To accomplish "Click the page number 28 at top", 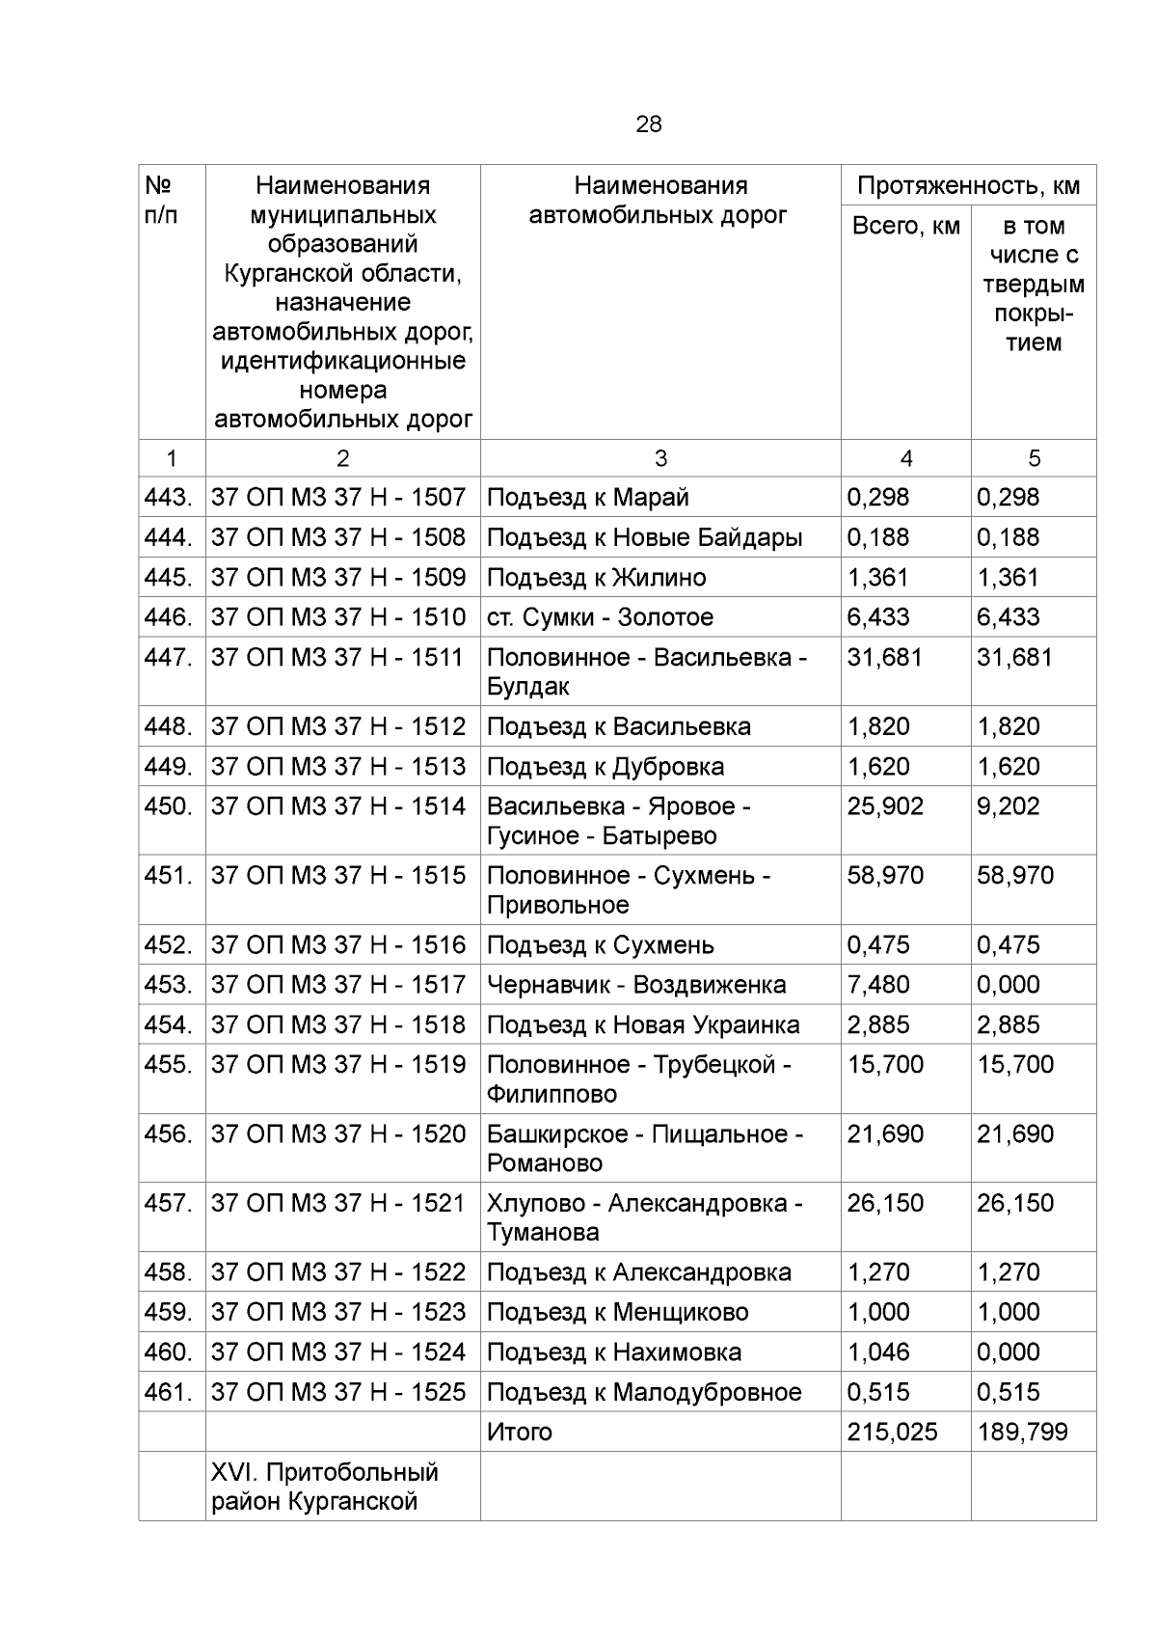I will coord(648,124).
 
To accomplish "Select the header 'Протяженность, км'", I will coord(968,185).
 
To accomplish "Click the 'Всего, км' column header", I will coord(905,226).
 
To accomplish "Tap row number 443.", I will coord(169,498).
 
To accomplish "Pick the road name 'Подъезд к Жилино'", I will coord(596,578).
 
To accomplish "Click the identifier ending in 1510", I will coord(337,617).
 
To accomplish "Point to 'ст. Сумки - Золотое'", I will coord(600,617).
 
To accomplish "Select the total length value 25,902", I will coord(884,806).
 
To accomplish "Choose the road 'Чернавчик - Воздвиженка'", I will coord(635,985).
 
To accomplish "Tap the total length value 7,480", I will coord(877,985).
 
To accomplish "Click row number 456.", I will coord(169,1134).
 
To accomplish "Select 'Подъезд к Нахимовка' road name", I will coord(613,1352).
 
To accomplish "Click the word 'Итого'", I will coord(519,1433).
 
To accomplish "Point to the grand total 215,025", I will coord(892,1433).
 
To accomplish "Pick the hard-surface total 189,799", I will coord(1022,1433).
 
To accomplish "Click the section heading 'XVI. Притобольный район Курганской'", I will coord(324,1487).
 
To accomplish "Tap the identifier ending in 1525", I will coord(337,1393).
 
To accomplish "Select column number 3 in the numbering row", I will coord(659,459).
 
